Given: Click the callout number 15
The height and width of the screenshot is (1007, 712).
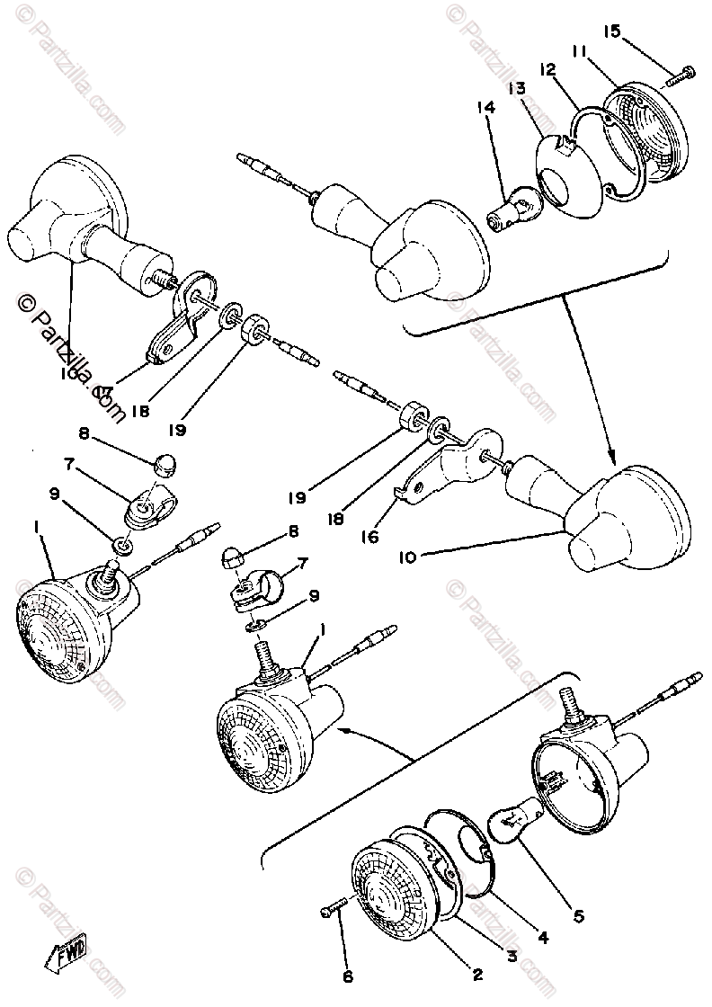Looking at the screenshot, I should [612, 31].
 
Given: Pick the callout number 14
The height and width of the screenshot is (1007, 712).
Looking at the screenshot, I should [486, 108].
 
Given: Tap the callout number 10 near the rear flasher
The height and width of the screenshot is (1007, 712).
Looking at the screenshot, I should [406, 557].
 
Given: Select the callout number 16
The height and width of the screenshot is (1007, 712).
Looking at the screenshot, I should [369, 537].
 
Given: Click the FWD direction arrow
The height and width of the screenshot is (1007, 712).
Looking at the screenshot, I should [63, 949].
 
